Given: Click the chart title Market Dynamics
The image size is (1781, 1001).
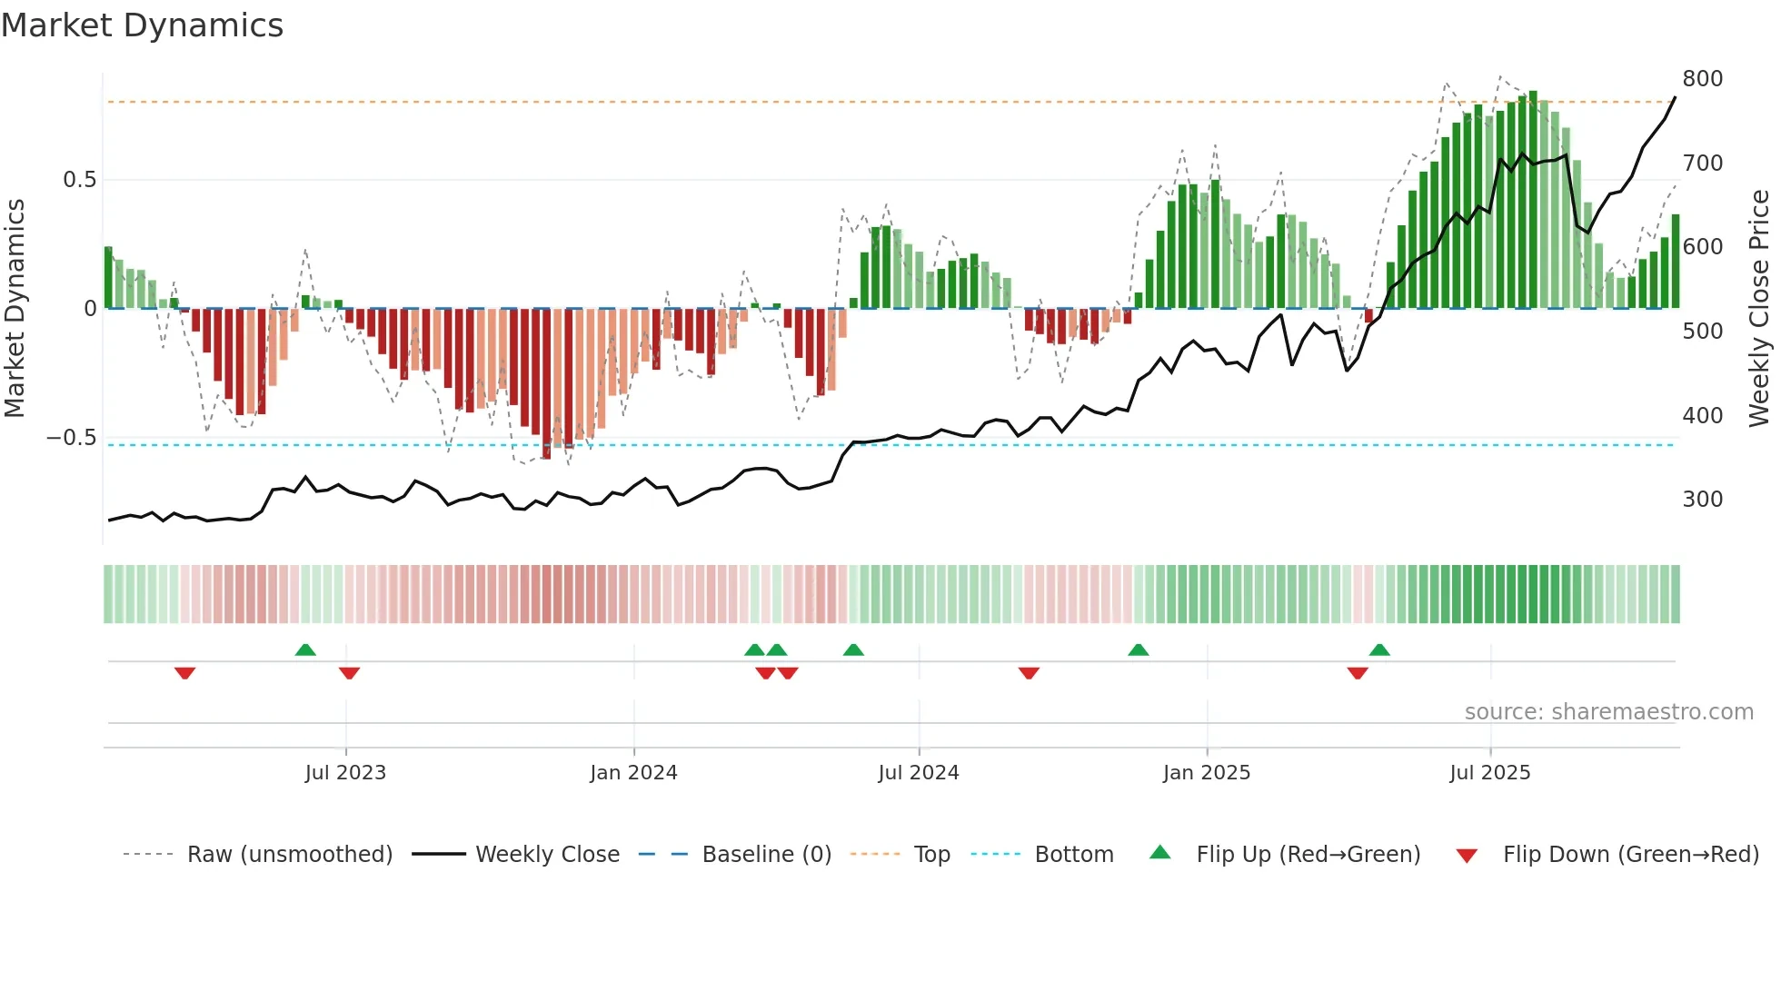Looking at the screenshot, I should pos(142,25).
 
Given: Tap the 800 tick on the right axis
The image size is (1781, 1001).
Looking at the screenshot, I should pos(1702,79).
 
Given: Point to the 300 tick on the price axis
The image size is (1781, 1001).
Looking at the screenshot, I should pos(1702,500).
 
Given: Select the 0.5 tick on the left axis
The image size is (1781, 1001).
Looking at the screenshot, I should pos(79,180).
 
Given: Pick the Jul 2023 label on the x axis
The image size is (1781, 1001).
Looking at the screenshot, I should pos(345,773).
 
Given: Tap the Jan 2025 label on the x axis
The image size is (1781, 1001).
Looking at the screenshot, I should pos(1206,773).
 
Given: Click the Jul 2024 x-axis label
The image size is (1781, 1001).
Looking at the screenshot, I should pos(918,773).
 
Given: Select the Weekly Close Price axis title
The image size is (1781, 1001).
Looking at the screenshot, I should pos(1759,309).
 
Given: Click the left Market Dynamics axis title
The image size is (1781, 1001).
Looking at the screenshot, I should pos(15,309).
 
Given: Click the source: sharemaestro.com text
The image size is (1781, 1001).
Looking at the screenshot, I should pos(1608,712).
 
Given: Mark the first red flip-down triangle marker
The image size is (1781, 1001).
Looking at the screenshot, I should pos(184,673).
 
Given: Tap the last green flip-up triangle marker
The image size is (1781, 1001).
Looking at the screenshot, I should pos(1379,649).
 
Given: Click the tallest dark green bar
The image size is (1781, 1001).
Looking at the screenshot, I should pos(1533,200).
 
